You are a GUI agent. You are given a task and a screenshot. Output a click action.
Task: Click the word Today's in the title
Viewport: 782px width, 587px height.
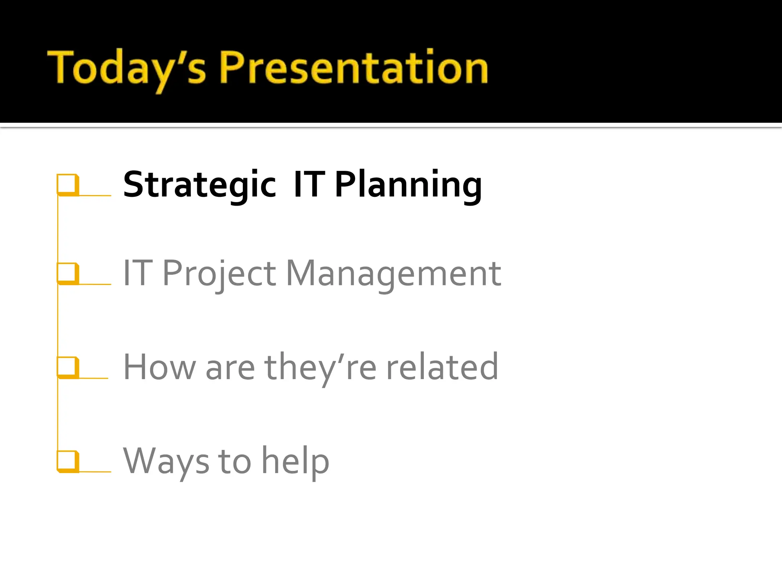pyautogui.click(x=126, y=68)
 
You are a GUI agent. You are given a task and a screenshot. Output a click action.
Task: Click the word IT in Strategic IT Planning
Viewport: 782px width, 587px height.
pyautogui.click(x=309, y=185)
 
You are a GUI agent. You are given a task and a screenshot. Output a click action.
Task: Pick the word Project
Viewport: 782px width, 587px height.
pyautogui.click(x=219, y=274)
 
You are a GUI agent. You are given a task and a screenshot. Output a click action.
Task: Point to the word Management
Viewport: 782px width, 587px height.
pyautogui.click(x=393, y=274)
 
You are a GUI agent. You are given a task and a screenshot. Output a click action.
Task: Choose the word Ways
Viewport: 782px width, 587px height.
pyautogui.click(x=166, y=461)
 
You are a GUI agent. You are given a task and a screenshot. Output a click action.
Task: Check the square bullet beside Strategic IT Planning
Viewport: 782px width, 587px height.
pyautogui.click(x=68, y=185)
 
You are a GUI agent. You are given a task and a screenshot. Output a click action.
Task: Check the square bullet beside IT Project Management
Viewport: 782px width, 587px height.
pyautogui.click(x=68, y=273)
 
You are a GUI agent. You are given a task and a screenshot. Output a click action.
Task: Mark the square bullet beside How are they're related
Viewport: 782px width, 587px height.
pyautogui.click(x=68, y=367)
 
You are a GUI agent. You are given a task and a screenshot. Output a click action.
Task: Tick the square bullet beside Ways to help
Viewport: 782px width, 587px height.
pyautogui.click(x=68, y=461)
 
